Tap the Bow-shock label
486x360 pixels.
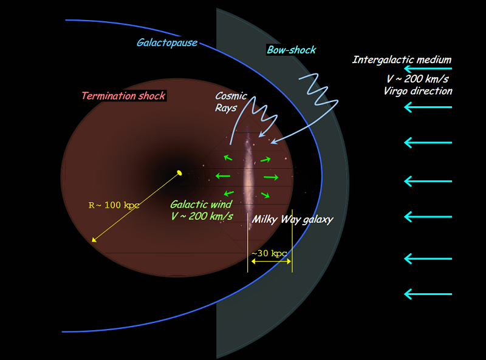[292, 50]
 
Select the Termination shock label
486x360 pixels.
[123, 96]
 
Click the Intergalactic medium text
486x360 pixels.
[402, 59]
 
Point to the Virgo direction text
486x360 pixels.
[418, 91]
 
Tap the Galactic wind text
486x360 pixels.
[200, 205]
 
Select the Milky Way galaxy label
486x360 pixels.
[293, 219]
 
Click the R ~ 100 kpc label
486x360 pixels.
[114, 205]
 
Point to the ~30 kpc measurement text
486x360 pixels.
[269, 253]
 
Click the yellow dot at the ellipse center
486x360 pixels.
[179, 174]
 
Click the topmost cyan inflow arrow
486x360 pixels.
[428, 70]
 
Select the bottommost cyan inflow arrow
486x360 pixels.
[428, 294]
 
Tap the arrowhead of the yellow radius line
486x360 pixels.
[94, 240]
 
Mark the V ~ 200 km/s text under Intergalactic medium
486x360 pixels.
[422, 79]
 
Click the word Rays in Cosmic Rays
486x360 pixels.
[225, 108]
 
